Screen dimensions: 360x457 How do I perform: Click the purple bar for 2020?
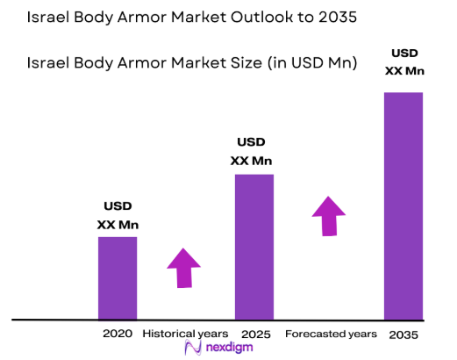[117, 277]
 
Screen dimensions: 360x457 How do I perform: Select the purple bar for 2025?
[253, 246]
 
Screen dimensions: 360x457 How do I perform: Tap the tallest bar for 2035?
[403, 205]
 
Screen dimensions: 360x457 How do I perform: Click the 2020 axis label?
[117, 334]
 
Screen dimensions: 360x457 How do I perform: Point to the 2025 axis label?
[255, 334]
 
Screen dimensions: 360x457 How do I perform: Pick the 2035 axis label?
[403, 335]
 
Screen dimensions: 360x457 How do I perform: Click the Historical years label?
[185, 334]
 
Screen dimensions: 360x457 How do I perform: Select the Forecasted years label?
[331, 334]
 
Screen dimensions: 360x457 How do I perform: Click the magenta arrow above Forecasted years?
[329, 216]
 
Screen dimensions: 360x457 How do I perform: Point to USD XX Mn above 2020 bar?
[118, 215]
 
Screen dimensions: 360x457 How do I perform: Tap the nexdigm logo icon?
[194, 349]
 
